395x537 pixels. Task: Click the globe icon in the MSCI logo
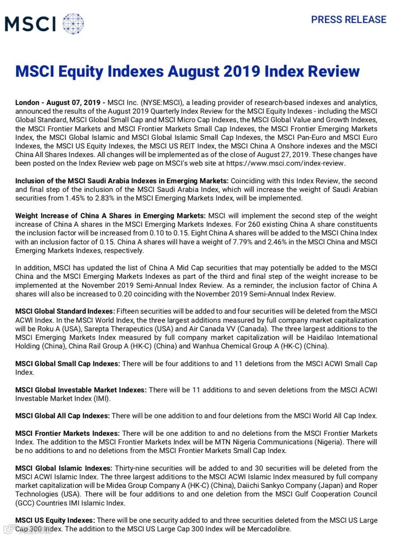[x=73, y=23]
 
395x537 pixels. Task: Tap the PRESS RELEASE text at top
[x=348, y=20]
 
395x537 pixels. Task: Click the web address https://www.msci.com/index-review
[x=285, y=163]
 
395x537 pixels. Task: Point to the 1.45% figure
[x=75, y=198]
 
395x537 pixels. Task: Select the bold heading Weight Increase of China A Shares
[x=110, y=216]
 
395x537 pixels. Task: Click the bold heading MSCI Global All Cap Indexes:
[x=62, y=416]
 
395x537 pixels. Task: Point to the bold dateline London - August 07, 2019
[x=58, y=102]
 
